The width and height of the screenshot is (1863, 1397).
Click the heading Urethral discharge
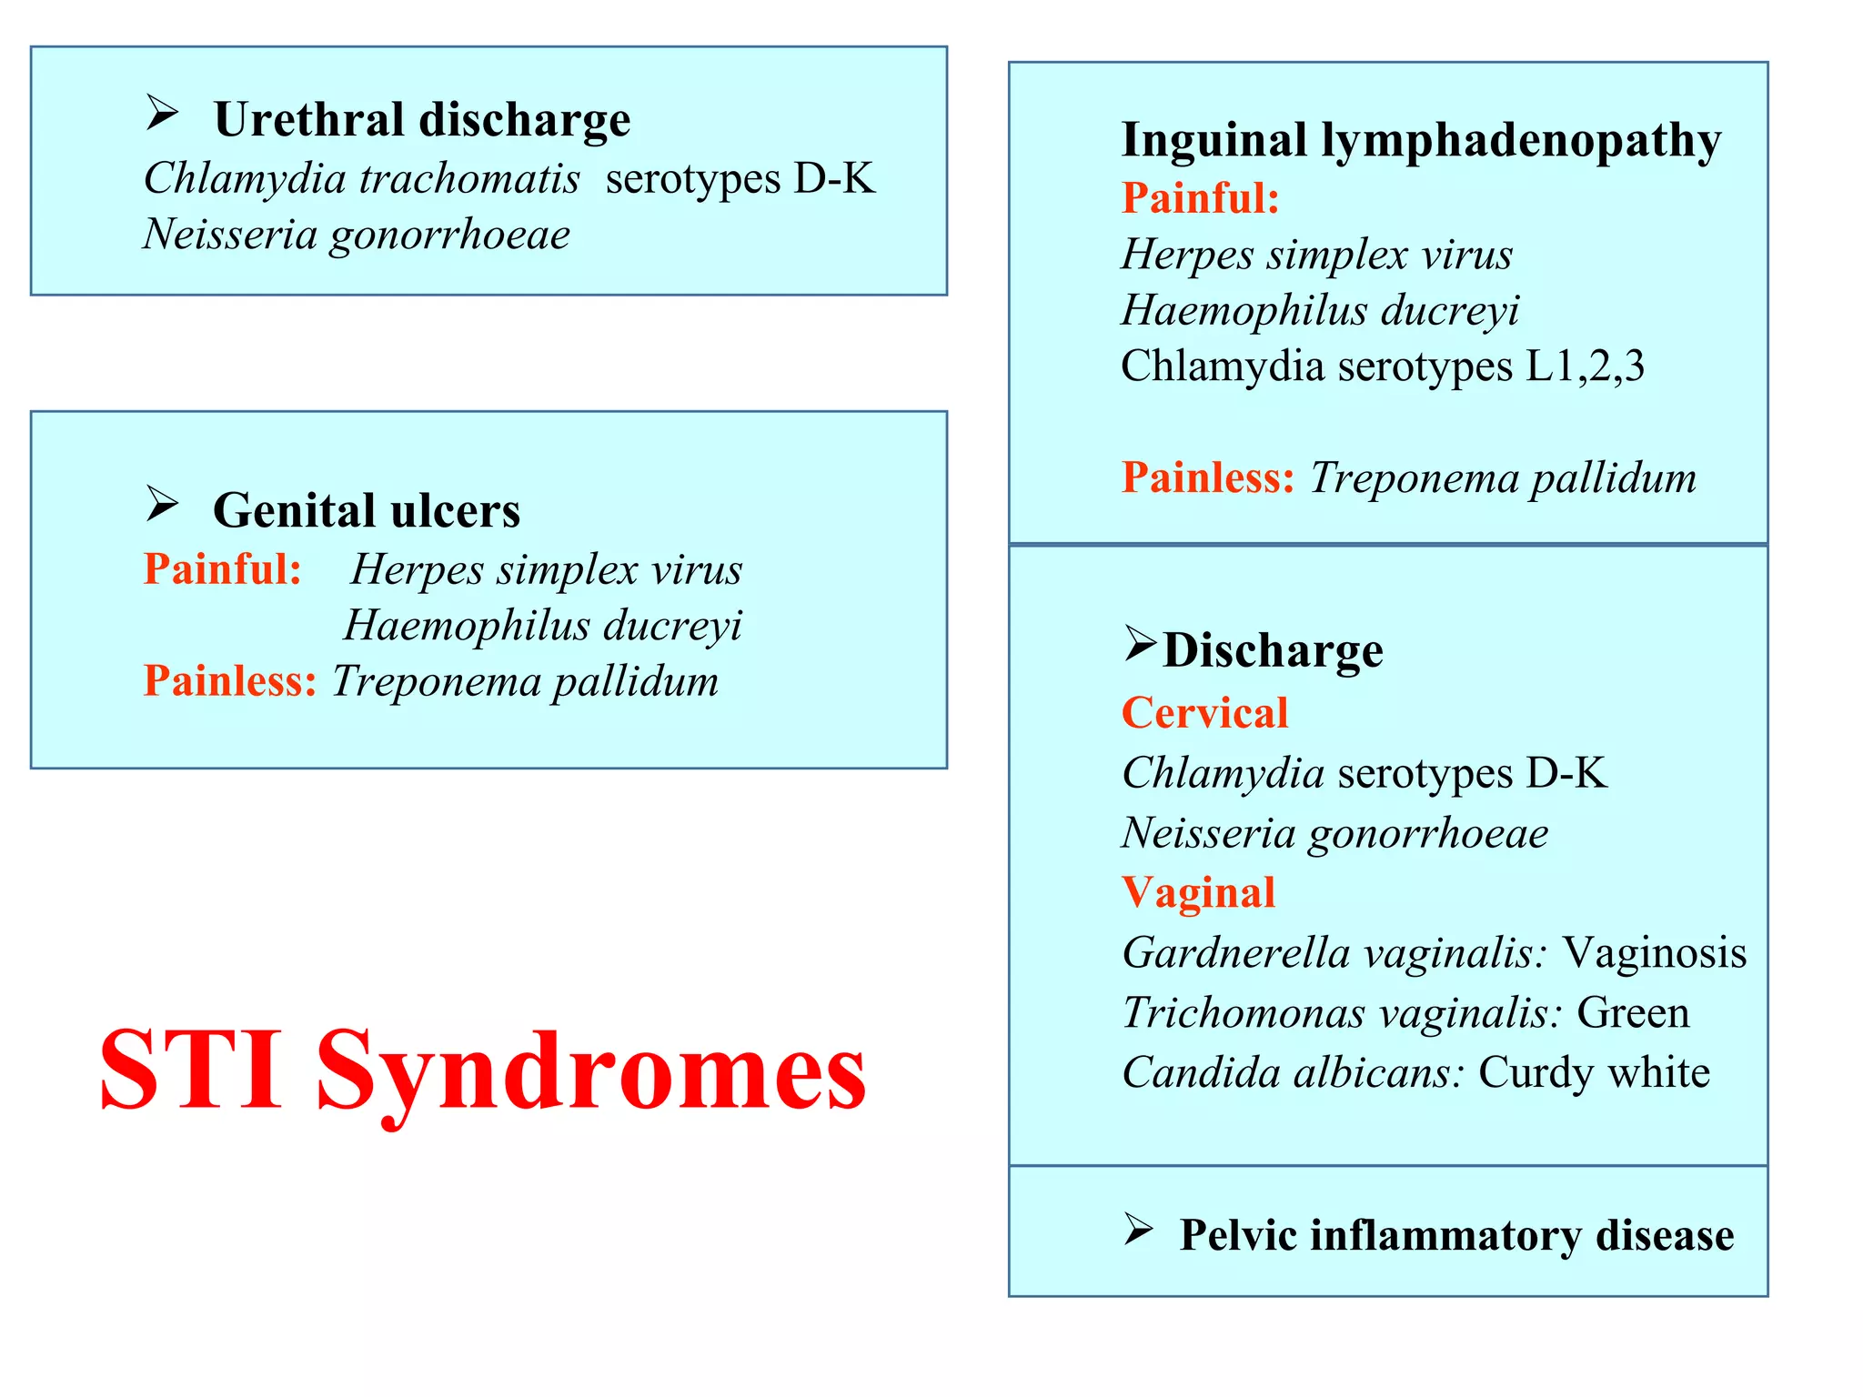pos(421,120)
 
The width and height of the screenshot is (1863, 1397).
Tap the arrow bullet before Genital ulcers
pos(162,504)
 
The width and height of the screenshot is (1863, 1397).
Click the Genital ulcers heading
pos(367,511)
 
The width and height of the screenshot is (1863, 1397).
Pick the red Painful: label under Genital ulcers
pos(223,569)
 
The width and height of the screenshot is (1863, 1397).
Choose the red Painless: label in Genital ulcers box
pos(230,681)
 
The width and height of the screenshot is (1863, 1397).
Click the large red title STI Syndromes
pos(482,1070)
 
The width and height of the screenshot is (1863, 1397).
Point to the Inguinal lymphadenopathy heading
pos(1421,141)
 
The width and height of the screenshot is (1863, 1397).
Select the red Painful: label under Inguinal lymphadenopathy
pos(1201,198)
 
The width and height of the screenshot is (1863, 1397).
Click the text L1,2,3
pos(1585,367)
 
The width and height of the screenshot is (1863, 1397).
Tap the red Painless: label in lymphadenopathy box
pos(1208,478)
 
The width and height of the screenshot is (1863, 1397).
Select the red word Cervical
pos(1204,713)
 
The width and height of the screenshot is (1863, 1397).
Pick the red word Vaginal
pos(1198,893)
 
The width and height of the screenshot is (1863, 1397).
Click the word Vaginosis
pos(1655,953)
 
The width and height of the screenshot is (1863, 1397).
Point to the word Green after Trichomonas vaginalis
pos(1633,1013)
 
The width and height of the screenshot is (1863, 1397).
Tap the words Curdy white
pos(1594,1073)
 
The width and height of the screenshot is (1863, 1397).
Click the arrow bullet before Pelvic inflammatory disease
pos(1138,1229)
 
